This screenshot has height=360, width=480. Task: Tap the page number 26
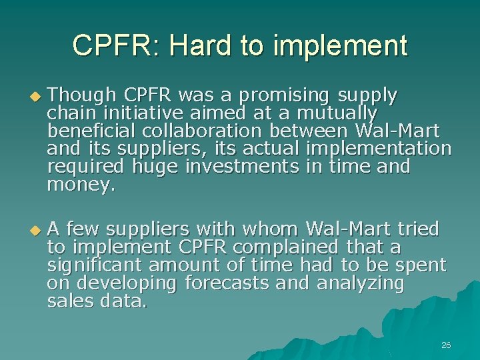pyautogui.click(x=446, y=345)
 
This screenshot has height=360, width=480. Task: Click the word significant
pyautogui.click(x=95, y=265)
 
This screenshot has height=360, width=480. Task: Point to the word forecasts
pyautogui.click(x=227, y=283)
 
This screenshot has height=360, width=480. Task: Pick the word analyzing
pyautogui.click(x=360, y=283)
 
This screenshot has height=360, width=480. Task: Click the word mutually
pyautogui.click(x=337, y=113)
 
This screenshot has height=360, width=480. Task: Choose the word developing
pyautogui.click(x=127, y=283)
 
